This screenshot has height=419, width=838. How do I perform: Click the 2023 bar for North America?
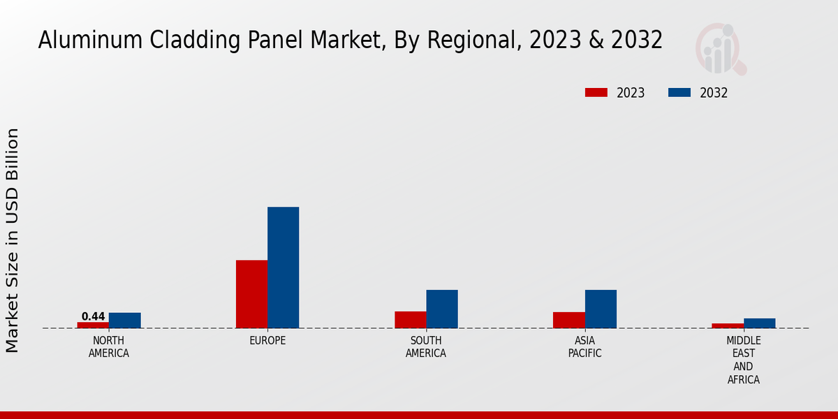click(93, 325)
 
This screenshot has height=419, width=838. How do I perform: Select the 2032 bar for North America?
click(125, 321)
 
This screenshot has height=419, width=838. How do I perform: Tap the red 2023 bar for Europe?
click(251, 294)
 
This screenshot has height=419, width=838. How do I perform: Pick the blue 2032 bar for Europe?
click(284, 267)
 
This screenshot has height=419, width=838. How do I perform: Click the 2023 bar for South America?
click(411, 320)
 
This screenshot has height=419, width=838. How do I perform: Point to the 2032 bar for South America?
click(442, 309)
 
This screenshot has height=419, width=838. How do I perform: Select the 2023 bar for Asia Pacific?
click(569, 320)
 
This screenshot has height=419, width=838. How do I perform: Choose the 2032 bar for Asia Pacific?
click(601, 309)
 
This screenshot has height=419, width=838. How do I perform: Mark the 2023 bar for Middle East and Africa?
click(728, 325)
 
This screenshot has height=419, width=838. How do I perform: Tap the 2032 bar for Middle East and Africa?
click(760, 323)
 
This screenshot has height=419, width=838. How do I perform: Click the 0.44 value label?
click(93, 316)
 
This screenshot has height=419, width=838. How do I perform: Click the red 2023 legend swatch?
click(596, 93)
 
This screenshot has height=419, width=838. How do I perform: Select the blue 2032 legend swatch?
click(679, 93)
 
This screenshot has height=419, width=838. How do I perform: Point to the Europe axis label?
click(267, 341)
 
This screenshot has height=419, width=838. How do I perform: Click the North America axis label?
click(109, 347)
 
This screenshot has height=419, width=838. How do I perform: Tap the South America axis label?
click(426, 347)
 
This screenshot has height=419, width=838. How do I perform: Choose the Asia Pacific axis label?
click(585, 347)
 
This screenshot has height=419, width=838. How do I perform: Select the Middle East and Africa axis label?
click(744, 360)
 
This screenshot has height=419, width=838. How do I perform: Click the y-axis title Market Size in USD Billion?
click(13, 240)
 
